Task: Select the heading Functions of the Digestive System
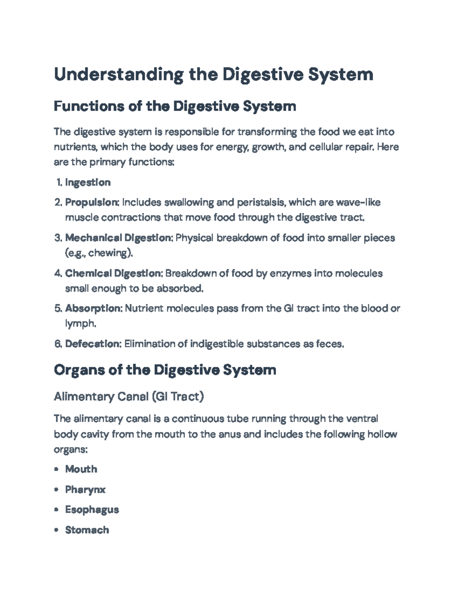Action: coord(175,106)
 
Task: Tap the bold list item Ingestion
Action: coord(88,182)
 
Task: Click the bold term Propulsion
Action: coord(92,202)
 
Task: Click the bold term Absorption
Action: coord(93,308)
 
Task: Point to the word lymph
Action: coord(79,324)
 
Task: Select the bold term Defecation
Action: coord(93,344)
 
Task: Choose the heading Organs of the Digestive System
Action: coord(165,370)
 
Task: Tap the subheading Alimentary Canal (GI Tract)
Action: coord(129,397)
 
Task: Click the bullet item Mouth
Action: coord(81,469)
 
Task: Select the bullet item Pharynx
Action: coord(85,489)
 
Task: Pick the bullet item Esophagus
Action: coord(92,510)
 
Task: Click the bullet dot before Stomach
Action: coord(56,530)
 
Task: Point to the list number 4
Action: coord(58,273)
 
